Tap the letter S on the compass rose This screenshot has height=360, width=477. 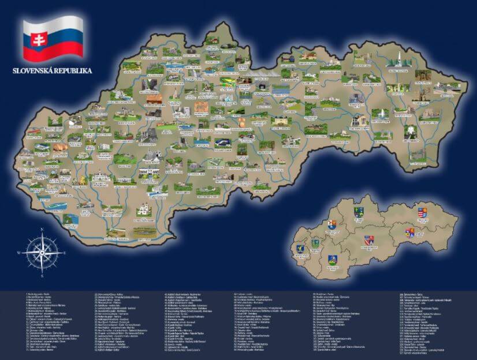coord(42,276)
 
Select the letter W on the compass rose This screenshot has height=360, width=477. coord(18,253)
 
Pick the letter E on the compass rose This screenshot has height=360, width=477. coord(65,253)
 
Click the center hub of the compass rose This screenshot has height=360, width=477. coord(42,253)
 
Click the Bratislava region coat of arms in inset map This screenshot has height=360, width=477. coord(300,248)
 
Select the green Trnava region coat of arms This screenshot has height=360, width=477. coord(316,244)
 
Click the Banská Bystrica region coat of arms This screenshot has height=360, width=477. coord(369,239)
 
